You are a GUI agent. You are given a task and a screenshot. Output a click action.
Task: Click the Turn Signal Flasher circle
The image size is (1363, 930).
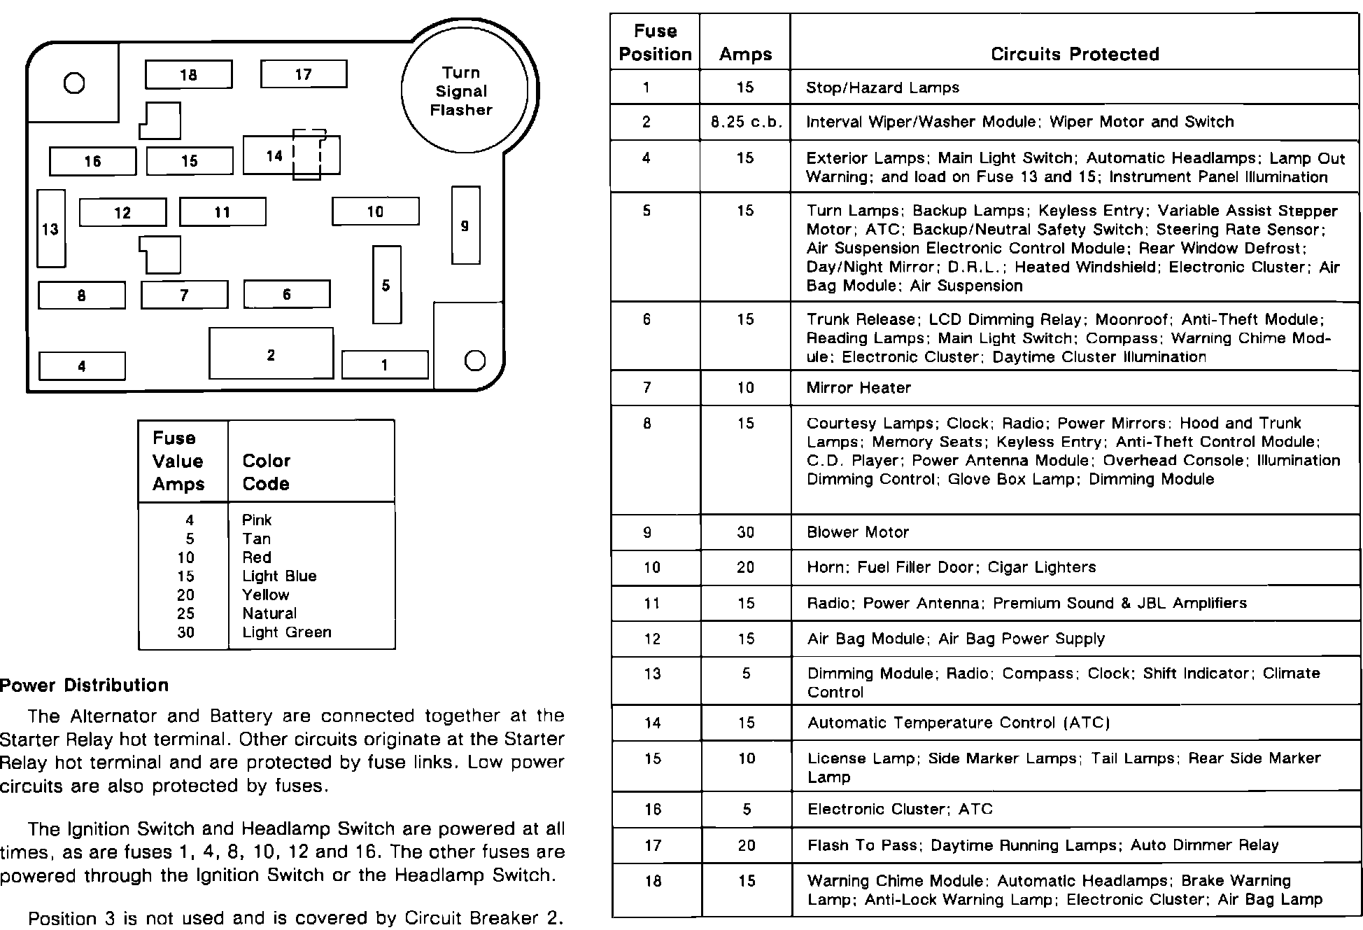tap(462, 91)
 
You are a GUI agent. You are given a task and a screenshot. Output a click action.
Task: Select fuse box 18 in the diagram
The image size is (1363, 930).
tap(188, 74)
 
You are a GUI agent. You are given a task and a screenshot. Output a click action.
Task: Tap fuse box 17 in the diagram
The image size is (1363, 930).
tap(303, 74)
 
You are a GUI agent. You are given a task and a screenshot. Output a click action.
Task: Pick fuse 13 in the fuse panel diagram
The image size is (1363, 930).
tap(50, 228)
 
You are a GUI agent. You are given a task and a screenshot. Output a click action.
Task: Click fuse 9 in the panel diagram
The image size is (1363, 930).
tap(465, 225)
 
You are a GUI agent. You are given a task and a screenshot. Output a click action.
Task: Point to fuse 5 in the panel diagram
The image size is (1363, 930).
tap(386, 284)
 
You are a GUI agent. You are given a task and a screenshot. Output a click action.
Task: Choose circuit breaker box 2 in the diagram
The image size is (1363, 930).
tap(271, 354)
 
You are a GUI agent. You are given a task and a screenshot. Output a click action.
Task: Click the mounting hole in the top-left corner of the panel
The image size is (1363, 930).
tap(74, 83)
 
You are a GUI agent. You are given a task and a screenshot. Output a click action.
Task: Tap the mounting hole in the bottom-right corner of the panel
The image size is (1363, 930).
tap(474, 361)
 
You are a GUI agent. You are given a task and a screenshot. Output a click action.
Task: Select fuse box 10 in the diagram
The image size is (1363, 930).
tap(375, 211)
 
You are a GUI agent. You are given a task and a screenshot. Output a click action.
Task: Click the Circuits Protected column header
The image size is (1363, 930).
tap(1075, 54)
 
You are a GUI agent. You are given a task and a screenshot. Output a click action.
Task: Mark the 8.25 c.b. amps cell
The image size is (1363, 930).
tap(745, 122)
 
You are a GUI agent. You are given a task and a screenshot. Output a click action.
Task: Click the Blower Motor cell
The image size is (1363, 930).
tap(857, 532)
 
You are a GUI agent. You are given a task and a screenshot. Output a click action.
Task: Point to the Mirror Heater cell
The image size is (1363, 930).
tap(859, 388)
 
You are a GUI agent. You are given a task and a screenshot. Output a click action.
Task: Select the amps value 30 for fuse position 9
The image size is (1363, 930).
tap(745, 532)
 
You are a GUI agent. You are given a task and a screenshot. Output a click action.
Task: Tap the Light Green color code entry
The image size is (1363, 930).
tap(286, 632)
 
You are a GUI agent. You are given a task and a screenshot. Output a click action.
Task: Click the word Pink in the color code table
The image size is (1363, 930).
tap(257, 520)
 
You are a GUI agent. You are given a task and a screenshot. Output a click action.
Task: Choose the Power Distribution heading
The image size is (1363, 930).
tap(85, 685)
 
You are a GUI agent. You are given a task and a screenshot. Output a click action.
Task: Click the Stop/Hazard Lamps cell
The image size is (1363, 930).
tap(882, 88)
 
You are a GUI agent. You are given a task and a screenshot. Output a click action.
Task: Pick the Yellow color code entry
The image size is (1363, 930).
tap(265, 595)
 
